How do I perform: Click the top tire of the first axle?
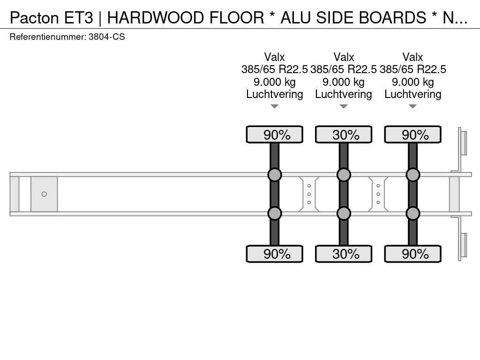coord(275,135)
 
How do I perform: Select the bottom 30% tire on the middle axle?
coord(344,254)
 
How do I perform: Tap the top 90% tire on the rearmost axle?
coord(412,135)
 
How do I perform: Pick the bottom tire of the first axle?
coord(275,254)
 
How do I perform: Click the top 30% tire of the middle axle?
coord(344,135)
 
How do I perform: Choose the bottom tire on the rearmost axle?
coord(412,254)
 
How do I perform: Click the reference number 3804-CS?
coord(106,37)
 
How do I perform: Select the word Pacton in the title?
coord(34,18)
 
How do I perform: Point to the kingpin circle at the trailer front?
coord(44,194)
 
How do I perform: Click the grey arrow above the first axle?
coord(275,106)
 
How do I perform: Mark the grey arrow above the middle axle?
coord(344,106)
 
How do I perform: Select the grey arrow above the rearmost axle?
coord(412,106)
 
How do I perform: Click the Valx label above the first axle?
coord(275,57)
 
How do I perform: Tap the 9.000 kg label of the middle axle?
coord(344,82)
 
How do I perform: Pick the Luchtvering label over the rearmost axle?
coord(412,94)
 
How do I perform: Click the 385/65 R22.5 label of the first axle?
coord(275,69)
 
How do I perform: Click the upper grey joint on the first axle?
coord(275,175)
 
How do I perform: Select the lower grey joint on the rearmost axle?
coord(412,213)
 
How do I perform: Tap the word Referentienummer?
coord(47,37)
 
